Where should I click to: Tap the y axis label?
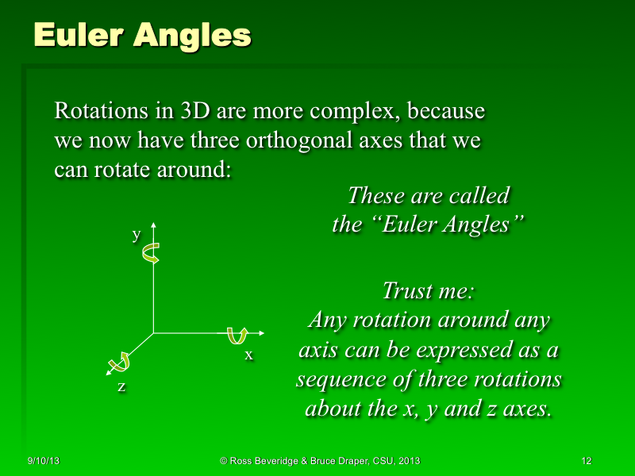136,234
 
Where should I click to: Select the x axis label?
248,355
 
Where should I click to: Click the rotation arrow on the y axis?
150,253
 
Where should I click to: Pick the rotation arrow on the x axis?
236,336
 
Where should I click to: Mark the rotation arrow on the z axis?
120,361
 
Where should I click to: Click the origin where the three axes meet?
153,333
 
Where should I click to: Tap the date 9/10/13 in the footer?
44,461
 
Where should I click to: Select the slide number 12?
587,461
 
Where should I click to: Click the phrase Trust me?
428,290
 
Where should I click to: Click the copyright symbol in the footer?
224,461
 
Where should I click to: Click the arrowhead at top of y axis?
153,225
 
